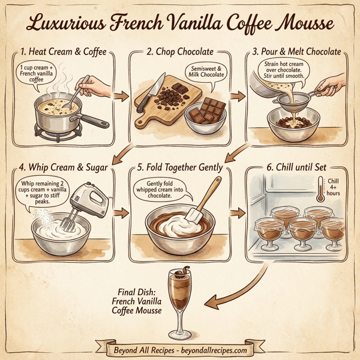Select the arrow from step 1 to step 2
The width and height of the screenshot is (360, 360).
click(121, 95)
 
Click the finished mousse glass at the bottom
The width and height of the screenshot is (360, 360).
click(178, 297)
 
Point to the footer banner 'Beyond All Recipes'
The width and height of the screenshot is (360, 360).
click(180, 349)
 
